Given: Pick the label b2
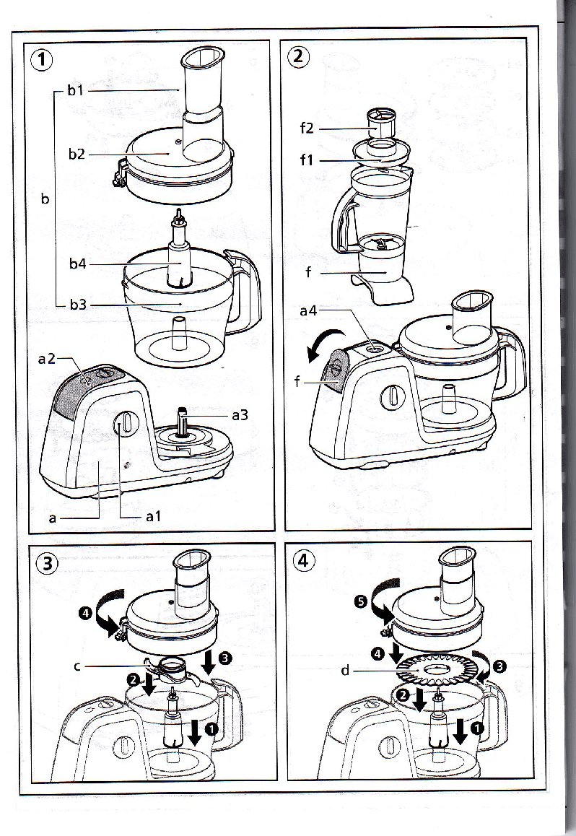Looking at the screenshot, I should [78, 154].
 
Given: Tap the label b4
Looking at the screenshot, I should [78, 264].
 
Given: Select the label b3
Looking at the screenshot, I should [78, 305].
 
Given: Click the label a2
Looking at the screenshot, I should [47, 359].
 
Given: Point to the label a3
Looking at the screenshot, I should [240, 415].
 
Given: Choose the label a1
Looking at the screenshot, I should [153, 516].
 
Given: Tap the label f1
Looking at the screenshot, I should [307, 160].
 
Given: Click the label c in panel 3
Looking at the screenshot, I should [77, 666].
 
